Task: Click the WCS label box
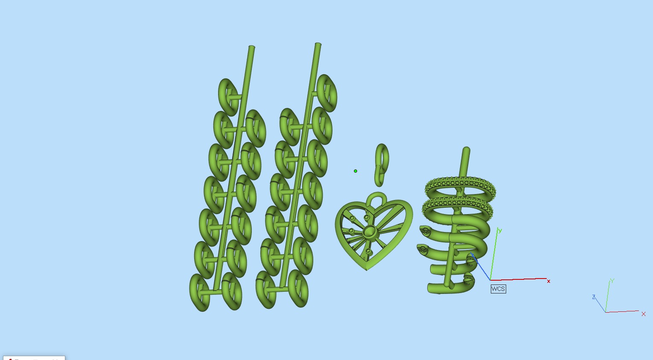tap(498, 289)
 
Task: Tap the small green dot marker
tap(356, 171)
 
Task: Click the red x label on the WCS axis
tap(548, 281)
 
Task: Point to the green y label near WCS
tap(500, 231)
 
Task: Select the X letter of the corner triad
tap(643, 314)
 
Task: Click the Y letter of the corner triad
tap(612, 281)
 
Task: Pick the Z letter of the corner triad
tap(594, 297)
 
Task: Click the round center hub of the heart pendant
tap(370, 232)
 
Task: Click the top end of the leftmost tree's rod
tap(251, 48)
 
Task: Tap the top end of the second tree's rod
tap(318, 44)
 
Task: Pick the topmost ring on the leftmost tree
tap(228, 97)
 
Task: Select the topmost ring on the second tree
tap(327, 92)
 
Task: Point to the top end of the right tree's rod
tap(466, 150)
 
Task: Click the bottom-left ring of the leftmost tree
tap(199, 292)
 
